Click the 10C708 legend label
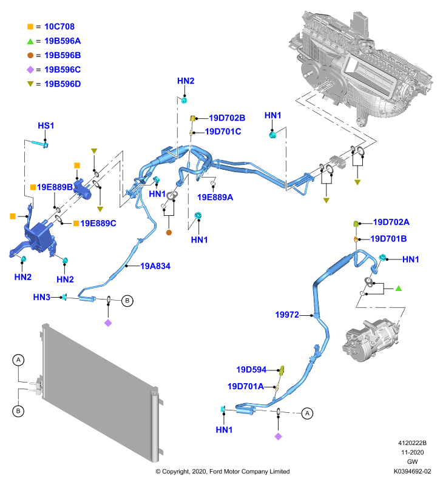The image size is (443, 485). [x=59, y=27]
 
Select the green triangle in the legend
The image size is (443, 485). [x=30, y=41]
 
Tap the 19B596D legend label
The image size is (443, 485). [x=63, y=84]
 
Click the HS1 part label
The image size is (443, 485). [x=46, y=125]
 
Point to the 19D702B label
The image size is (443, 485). [x=227, y=118]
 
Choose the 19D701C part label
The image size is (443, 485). [x=223, y=132]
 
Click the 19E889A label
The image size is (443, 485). [x=215, y=197]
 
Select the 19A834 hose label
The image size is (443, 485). [x=155, y=266]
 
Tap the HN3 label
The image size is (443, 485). [x=41, y=297]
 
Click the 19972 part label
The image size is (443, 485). [x=287, y=315]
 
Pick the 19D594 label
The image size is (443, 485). [x=251, y=370]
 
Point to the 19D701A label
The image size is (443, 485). [x=246, y=386]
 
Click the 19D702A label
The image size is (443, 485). [x=391, y=222]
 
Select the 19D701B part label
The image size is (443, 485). [x=388, y=239]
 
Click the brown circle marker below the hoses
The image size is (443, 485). [x=169, y=233]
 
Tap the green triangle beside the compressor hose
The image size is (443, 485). [x=399, y=289]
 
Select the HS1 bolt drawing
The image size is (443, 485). [x=39, y=144]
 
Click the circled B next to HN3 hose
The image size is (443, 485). [x=127, y=301]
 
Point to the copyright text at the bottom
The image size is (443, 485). [x=223, y=472]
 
